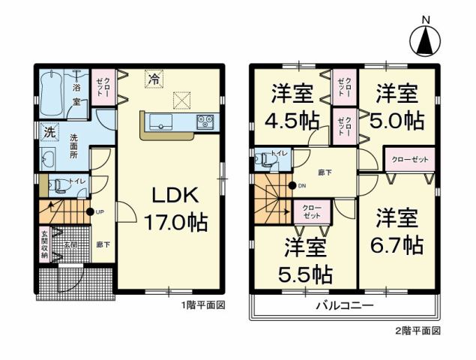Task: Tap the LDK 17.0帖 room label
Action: click(x=175, y=209)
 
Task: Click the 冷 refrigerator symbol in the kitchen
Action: click(x=154, y=78)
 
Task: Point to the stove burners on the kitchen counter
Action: click(x=206, y=121)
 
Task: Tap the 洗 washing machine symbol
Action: click(x=48, y=130)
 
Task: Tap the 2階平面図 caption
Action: click(x=420, y=329)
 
